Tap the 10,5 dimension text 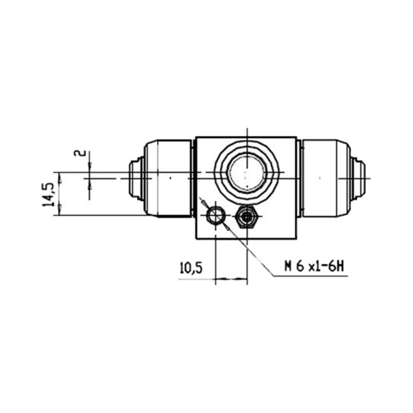pyautogui.click(x=191, y=268)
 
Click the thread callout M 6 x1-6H pyautogui.click(x=314, y=266)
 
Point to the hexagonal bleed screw pyautogui.click(x=247, y=216)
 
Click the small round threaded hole pyautogui.click(x=215, y=216)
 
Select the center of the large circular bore pyautogui.click(x=247, y=172)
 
